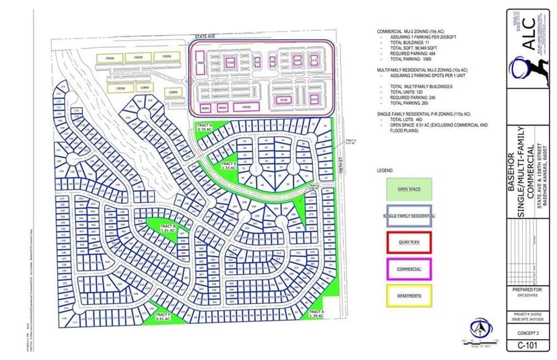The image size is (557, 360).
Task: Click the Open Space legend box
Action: click(x=409, y=189)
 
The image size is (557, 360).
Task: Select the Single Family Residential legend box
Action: click(x=409, y=215)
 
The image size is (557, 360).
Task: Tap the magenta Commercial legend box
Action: click(x=409, y=269)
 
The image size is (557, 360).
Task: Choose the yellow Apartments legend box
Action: click(x=409, y=296)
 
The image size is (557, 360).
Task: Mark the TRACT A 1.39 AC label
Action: click(x=316, y=314)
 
